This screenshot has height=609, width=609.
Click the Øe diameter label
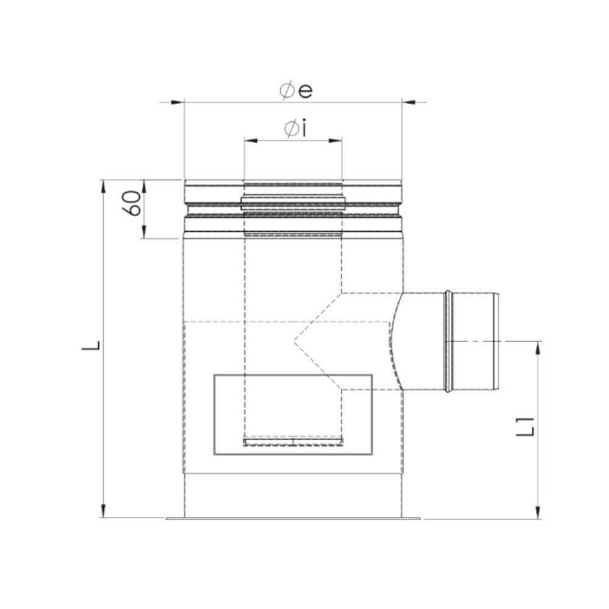[296, 91]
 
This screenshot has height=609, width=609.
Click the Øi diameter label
[294, 128]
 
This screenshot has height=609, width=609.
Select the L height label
[92, 346]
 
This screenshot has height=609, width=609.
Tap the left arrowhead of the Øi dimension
[250, 140]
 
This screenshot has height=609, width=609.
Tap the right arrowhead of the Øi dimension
[336, 140]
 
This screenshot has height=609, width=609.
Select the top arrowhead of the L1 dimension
[538, 348]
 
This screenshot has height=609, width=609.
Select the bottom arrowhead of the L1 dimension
[538, 512]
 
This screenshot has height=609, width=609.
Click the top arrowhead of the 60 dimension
[144, 186]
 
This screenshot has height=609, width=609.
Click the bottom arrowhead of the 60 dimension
[144, 231]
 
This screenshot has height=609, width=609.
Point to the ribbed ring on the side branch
[449, 341]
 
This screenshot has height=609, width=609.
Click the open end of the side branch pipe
[499, 341]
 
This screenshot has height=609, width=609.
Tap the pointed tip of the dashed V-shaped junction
[295, 341]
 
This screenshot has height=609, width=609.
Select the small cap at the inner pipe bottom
[293, 442]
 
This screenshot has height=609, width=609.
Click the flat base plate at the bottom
[293, 519]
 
